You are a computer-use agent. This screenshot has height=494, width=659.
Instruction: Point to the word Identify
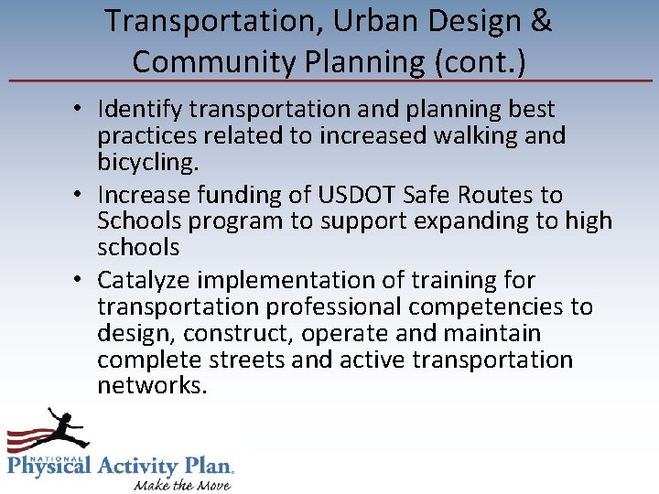139,109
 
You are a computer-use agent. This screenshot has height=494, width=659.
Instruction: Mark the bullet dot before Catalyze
81,280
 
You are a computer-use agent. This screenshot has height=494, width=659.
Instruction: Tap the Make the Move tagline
182,484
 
